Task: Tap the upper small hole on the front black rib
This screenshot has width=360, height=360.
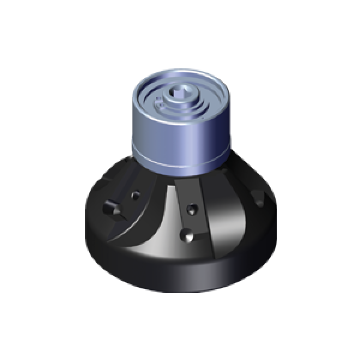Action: tap(191, 209)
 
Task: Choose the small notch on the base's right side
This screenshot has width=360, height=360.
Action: tap(258, 196)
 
